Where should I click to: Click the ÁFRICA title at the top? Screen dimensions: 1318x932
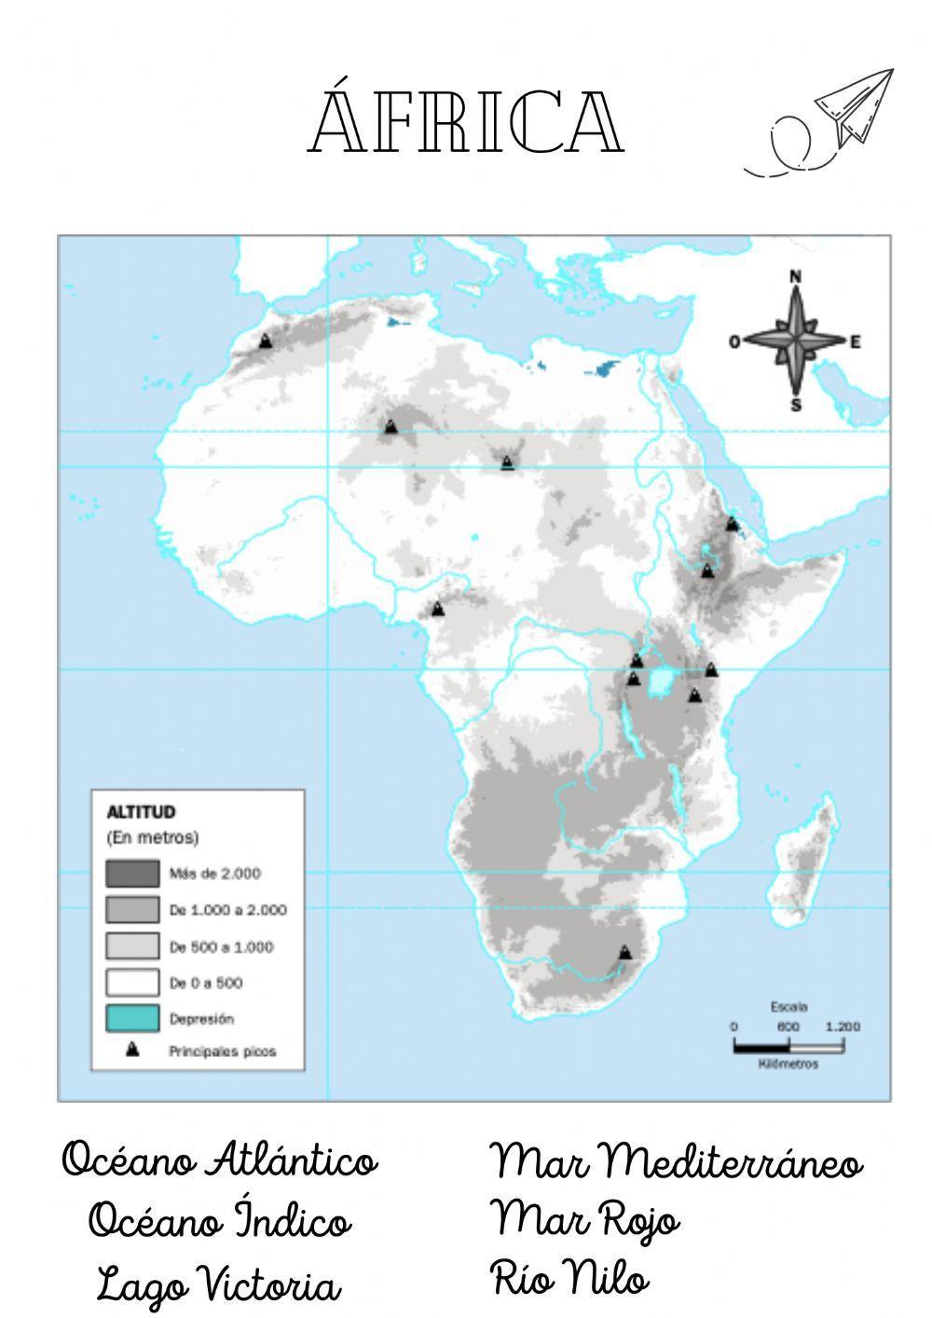click(466, 122)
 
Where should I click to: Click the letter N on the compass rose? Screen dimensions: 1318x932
click(795, 276)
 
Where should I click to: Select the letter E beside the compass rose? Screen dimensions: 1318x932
click(855, 342)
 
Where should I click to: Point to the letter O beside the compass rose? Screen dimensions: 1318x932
click(734, 342)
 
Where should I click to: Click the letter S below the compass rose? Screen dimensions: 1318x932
click(795, 405)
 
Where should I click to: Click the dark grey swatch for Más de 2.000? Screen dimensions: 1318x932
click(131, 873)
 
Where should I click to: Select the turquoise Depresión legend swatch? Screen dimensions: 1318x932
click(131, 1018)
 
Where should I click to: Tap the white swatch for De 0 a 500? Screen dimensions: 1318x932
click(131, 982)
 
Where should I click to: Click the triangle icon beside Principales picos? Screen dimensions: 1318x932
click(132, 1050)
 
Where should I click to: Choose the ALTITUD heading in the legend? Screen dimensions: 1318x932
click(141, 812)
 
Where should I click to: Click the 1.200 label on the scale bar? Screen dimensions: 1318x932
click(843, 1026)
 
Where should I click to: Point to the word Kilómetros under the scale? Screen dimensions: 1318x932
click(788, 1064)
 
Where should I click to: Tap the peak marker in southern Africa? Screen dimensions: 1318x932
click(624, 953)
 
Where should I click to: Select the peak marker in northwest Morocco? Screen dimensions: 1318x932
click(266, 341)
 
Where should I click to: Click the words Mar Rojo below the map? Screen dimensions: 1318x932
click(585, 1217)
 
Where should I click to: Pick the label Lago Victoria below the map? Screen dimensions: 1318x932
click(219, 1284)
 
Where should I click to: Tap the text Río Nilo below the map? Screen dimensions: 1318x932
click(569, 1277)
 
